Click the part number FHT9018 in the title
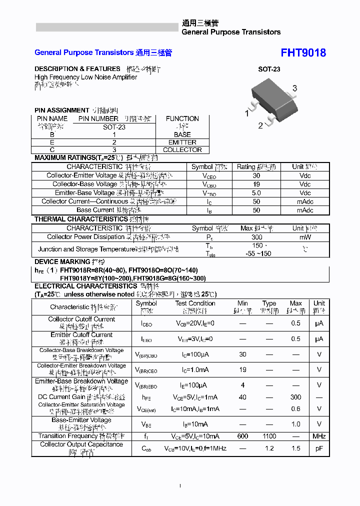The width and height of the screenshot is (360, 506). coord(303,53)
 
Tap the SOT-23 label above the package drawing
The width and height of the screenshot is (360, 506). coord(269,69)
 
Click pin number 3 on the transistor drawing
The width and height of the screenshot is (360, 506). coord(294,88)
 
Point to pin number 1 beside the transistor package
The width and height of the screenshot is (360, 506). coord(246,113)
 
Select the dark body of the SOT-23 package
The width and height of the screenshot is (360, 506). coord(270,99)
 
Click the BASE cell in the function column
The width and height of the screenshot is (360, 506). coord(182,134)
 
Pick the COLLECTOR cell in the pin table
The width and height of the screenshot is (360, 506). coord(182,149)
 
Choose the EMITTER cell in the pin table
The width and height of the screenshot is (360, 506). coord(182,142)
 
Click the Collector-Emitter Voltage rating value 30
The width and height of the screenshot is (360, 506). coord(256,175)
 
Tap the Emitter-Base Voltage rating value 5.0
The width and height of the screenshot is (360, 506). coord(256,192)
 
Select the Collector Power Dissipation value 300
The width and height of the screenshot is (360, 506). coord(256,237)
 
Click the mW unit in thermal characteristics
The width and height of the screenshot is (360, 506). coord(305,237)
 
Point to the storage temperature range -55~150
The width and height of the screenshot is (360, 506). coord(257,253)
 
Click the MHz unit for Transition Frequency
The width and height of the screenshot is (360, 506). coord(319,436)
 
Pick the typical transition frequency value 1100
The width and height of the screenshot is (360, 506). coord(269,436)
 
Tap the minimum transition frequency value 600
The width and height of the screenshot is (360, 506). coord(242,436)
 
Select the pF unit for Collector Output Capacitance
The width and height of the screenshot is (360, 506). coord(319,448)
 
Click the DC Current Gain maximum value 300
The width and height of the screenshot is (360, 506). coord(295,397)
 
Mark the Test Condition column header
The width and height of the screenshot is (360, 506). coord(195,303)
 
